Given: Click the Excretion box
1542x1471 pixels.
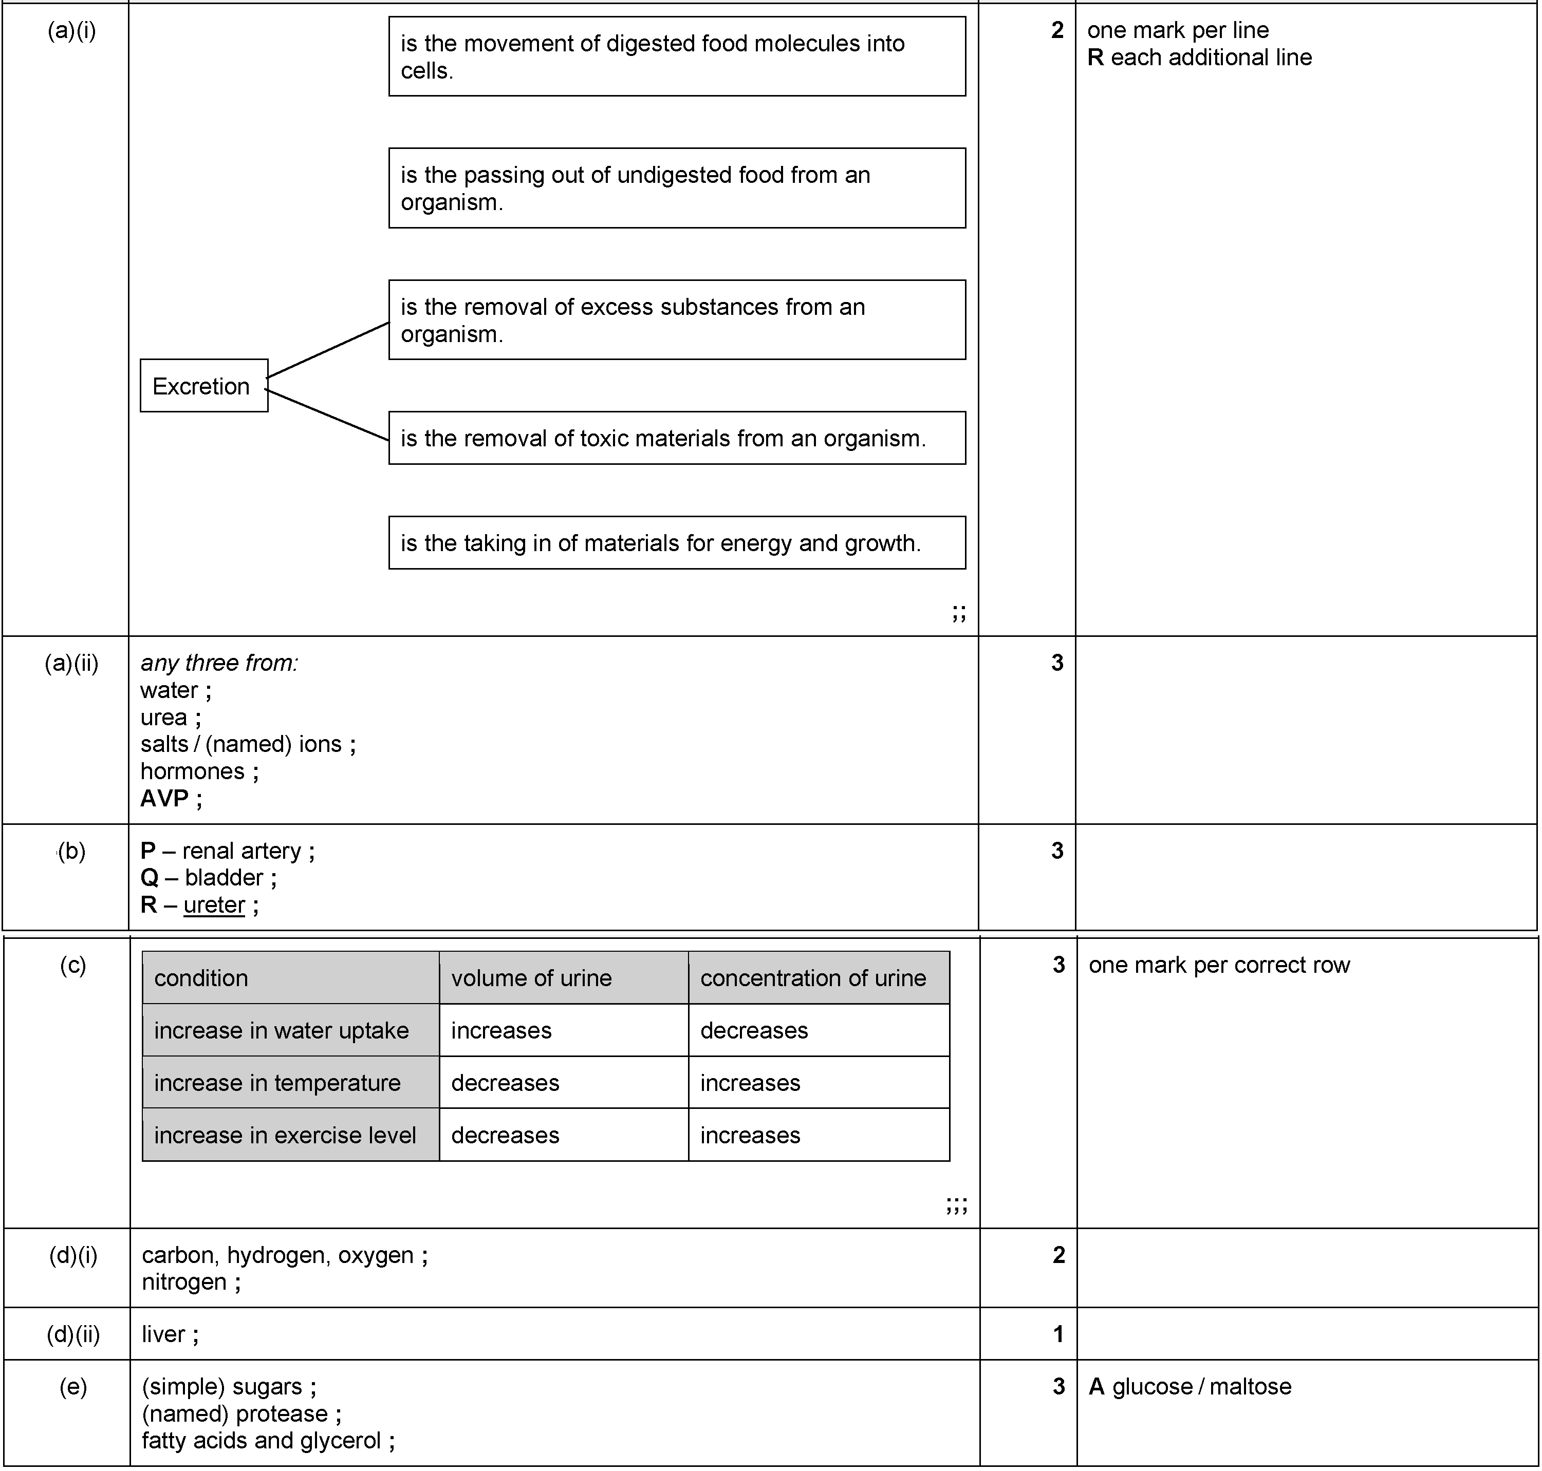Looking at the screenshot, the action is pyautogui.click(x=204, y=386).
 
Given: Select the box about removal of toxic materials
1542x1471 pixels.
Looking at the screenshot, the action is pyautogui.click(x=677, y=438).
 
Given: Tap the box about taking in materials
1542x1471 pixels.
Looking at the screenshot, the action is pyautogui.click(x=677, y=542).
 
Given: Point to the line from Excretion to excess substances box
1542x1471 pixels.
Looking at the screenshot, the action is pyautogui.click(x=328, y=350).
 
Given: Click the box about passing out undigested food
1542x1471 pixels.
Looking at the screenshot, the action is pyautogui.click(x=677, y=188).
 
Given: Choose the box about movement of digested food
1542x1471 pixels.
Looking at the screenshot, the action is pyautogui.click(x=677, y=56).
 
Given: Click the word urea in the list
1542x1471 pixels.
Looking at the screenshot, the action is pyautogui.click(x=163, y=718).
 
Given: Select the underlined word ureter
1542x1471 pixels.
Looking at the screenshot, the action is pyautogui.click(x=214, y=905).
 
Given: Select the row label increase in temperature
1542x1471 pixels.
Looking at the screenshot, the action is pyautogui.click(x=277, y=1083).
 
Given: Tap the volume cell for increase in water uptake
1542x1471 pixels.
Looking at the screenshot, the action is pyautogui.click(x=501, y=1030).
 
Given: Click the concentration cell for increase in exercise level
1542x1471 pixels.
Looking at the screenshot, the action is pyautogui.click(x=750, y=1136).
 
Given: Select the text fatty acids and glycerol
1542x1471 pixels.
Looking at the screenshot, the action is pyautogui.click(x=261, y=1440).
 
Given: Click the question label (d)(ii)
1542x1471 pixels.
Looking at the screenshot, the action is pyautogui.click(x=73, y=1334).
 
